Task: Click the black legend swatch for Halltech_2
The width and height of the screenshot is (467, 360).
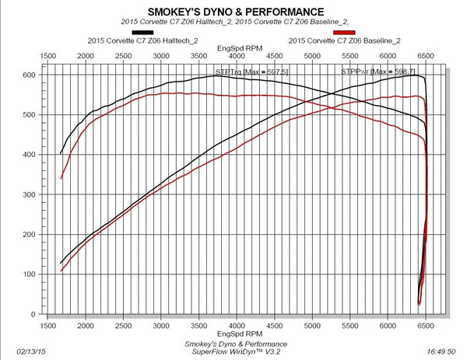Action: coord(203,32)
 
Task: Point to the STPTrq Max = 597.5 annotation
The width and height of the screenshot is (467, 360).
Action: coord(241,72)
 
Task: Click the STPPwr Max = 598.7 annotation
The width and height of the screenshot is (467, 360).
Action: coord(367,72)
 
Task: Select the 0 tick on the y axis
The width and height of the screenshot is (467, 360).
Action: coord(31,314)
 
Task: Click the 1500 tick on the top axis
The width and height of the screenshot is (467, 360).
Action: coord(47,57)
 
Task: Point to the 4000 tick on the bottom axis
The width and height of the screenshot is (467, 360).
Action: coord(237,327)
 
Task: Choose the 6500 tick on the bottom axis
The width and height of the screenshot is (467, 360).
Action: coord(426,327)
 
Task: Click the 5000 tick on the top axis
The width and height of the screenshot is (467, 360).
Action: coord(312,57)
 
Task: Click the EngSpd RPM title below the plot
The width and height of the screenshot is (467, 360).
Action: coord(236,335)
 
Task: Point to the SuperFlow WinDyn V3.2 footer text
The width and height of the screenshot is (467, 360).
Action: coord(236,351)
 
